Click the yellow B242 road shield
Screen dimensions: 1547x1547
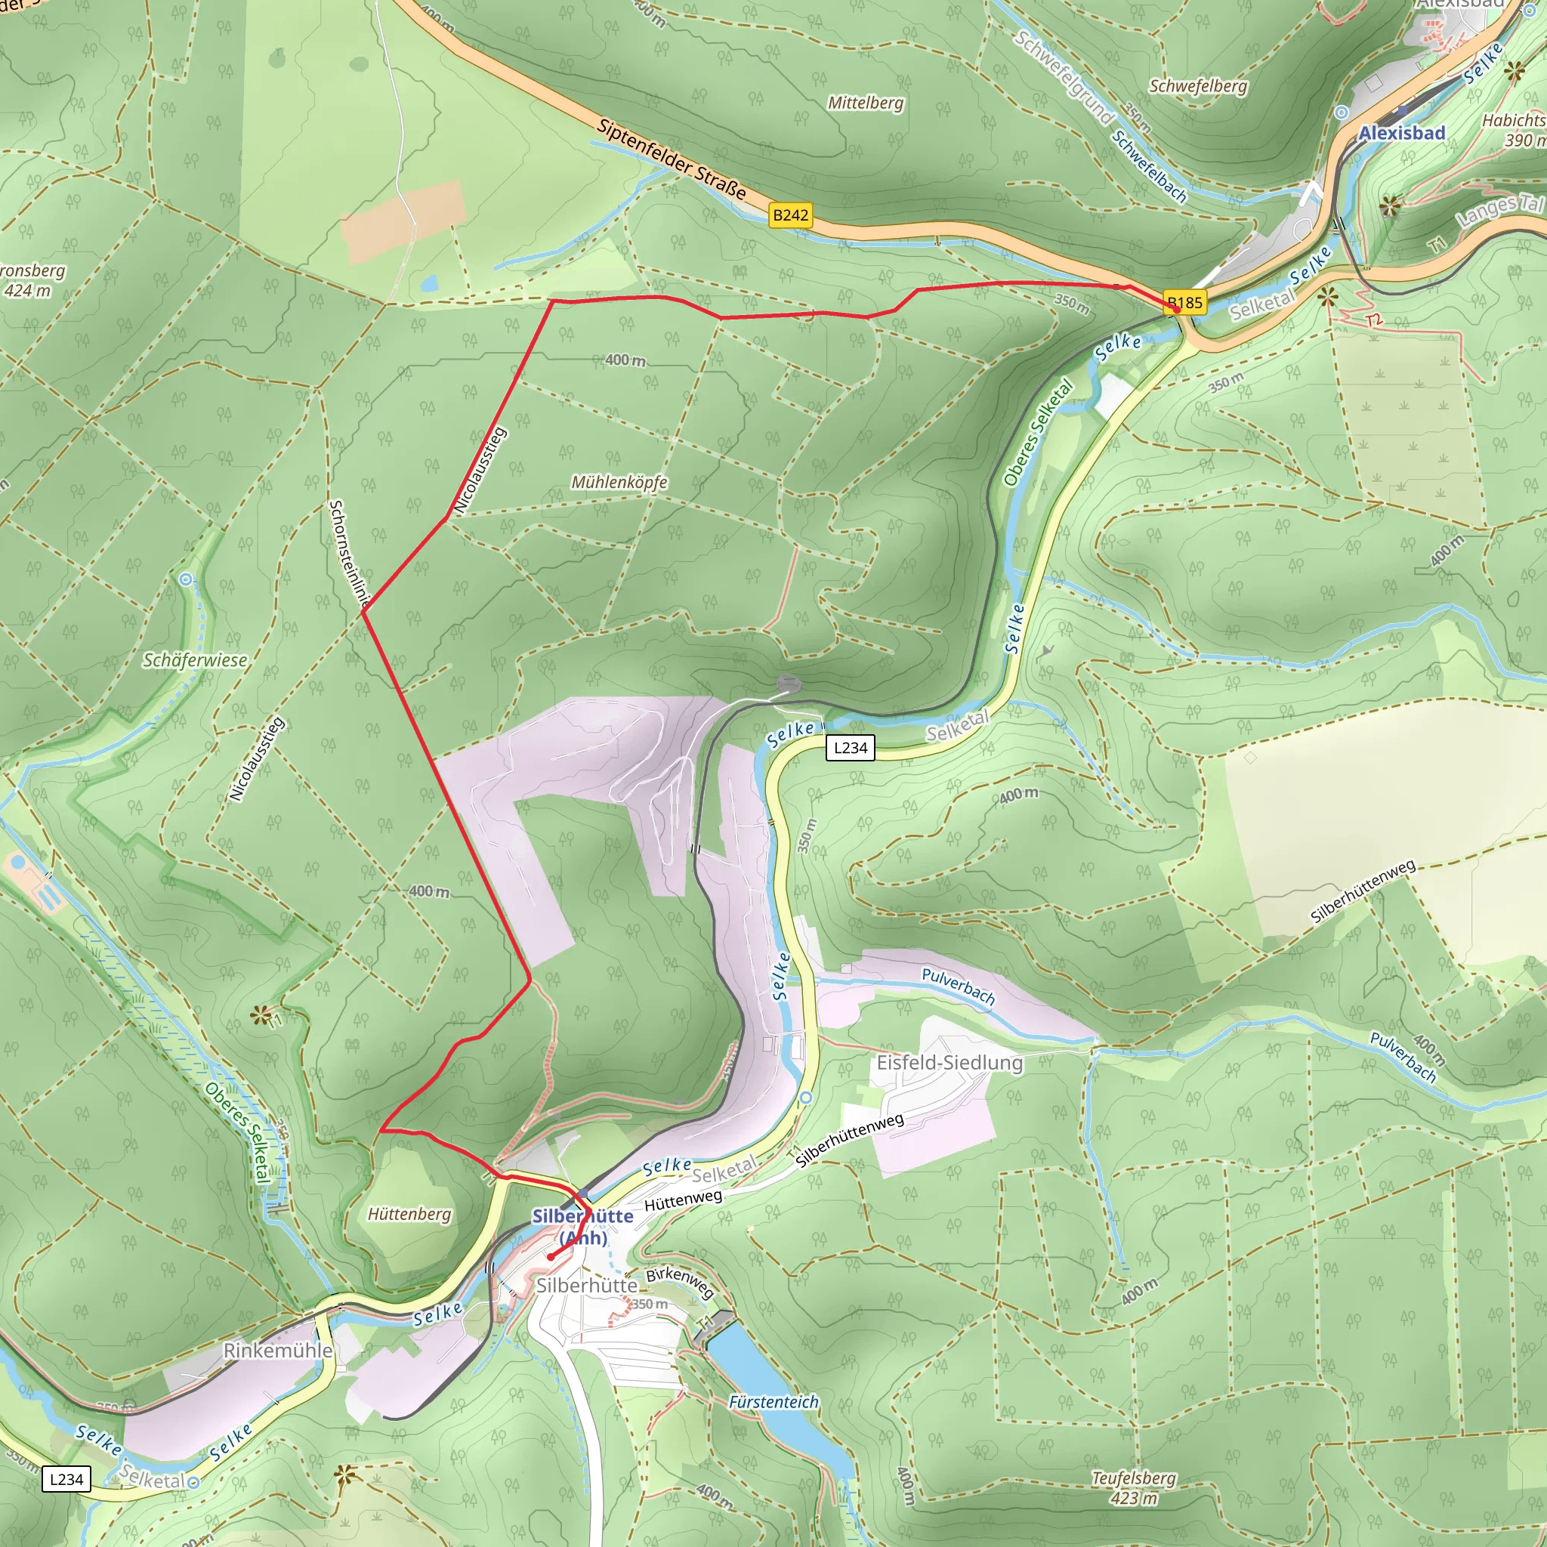pos(789,215)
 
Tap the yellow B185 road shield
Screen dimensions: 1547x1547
pos(1184,303)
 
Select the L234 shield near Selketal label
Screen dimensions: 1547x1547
pos(850,748)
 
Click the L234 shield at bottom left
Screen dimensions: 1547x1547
pos(66,1479)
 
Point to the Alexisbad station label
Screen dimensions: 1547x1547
pos(1401,133)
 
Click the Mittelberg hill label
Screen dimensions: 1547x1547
pos(865,103)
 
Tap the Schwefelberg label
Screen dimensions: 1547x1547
pos(1198,85)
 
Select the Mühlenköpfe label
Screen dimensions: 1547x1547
pos(618,482)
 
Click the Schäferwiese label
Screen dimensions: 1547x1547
pos(195,661)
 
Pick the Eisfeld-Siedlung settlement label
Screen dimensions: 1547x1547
pos(949,1063)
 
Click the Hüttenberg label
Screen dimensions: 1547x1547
pos(409,1214)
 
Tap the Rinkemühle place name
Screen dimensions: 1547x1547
pos(277,1350)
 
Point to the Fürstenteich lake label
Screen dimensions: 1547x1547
pos(773,1402)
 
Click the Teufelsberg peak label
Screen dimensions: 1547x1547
pos(1133,1478)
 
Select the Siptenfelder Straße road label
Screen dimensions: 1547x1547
pos(671,159)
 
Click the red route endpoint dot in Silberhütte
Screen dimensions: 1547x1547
pos(551,1257)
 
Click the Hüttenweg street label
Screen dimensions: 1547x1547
pos(682,1200)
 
